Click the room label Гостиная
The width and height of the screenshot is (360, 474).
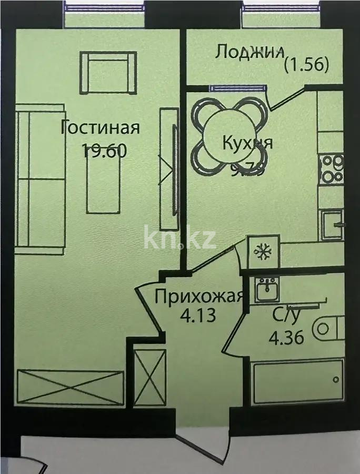click(x=100, y=128)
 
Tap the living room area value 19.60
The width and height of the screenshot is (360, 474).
click(x=104, y=151)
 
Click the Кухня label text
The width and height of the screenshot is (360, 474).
click(x=247, y=143)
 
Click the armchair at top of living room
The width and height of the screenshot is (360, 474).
click(x=108, y=72)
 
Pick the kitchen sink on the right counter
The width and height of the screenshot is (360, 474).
click(x=333, y=223)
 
